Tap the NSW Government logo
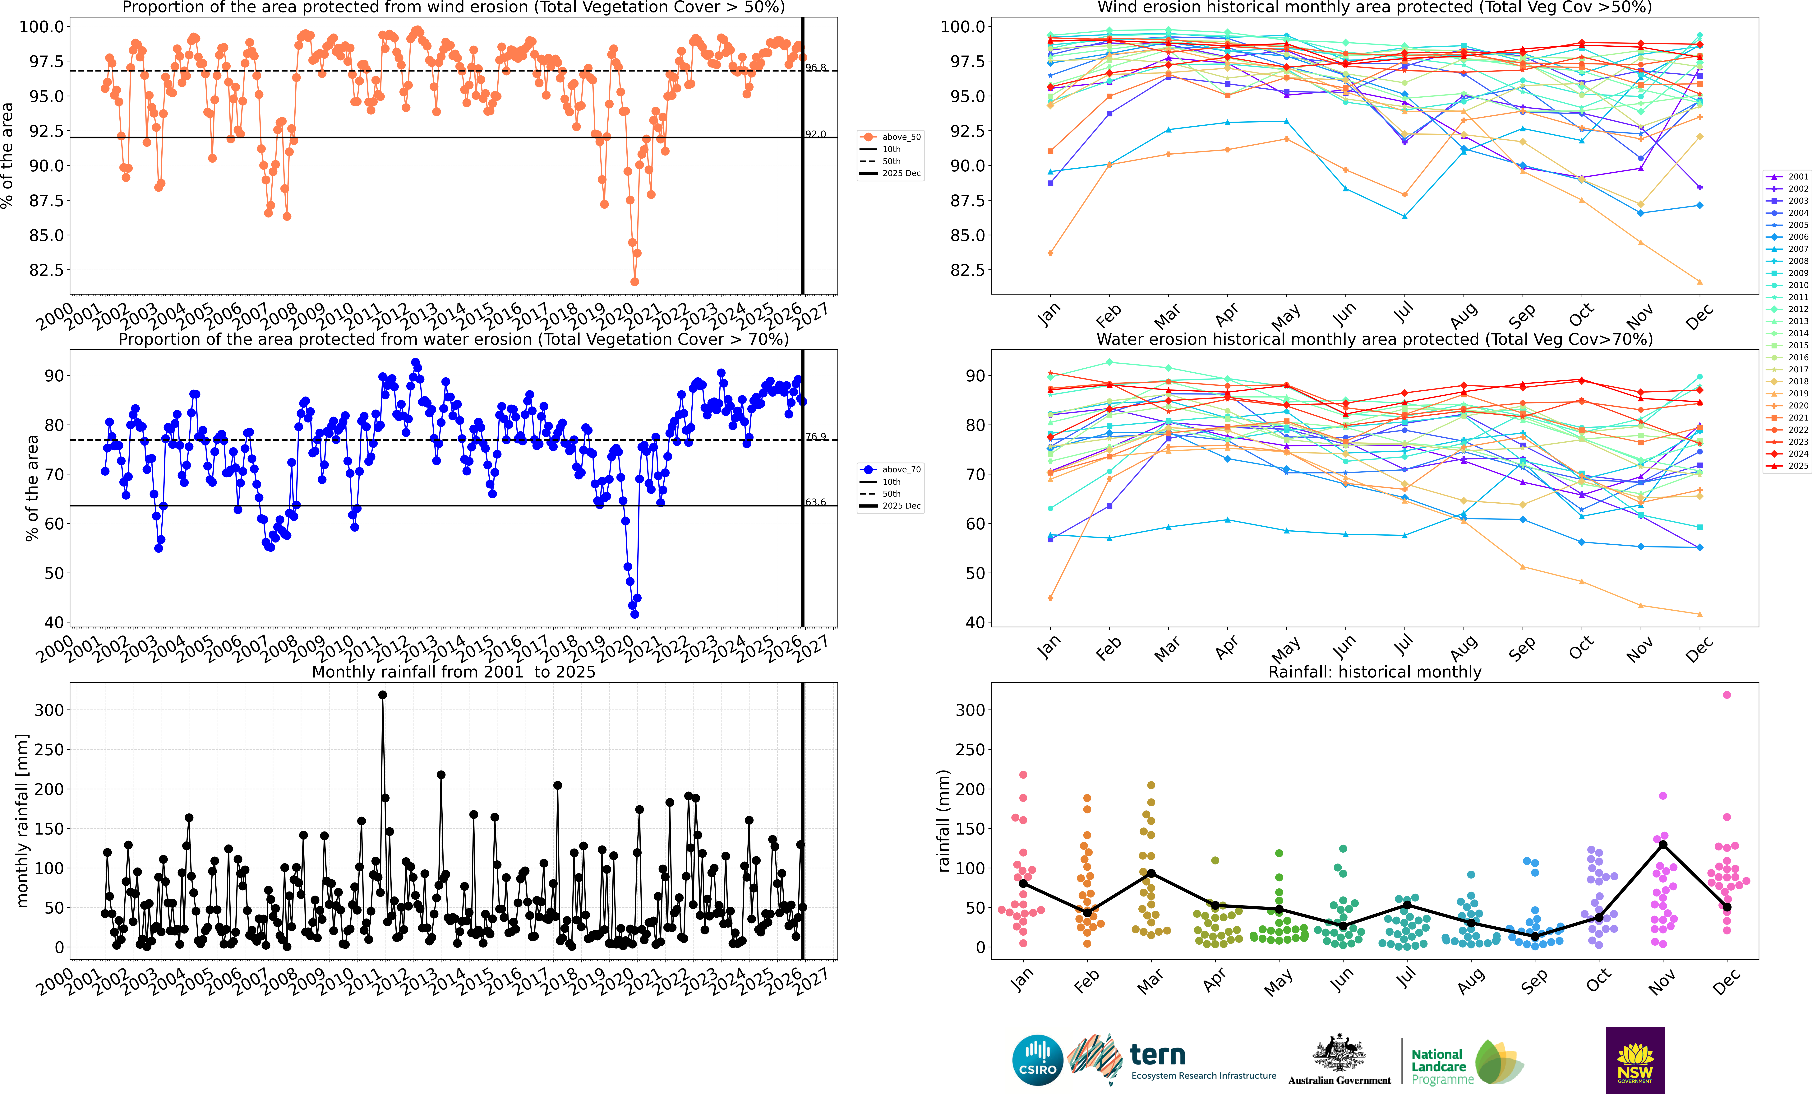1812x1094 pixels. pyautogui.click(x=1635, y=1059)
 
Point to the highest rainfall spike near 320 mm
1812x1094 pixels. pyautogui.click(x=382, y=695)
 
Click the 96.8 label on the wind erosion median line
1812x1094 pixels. pyautogui.click(x=816, y=68)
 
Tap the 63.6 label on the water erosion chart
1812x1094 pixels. pyautogui.click(x=816, y=502)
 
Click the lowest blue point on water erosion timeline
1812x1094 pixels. pyautogui.click(x=635, y=614)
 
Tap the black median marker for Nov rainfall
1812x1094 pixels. pyautogui.click(x=1663, y=845)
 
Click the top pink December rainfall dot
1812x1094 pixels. pyautogui.click(x=1727, y=695)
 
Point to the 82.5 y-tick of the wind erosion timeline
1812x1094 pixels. pyautogui.click(x=46, y=270)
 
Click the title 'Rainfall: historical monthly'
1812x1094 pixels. pyautogui.click(x=1374, y=672)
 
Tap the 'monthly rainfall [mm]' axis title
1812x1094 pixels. pyautogui.click(x=22, y=820)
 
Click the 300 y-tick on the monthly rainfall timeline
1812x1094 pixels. pyautogui.click(x=49, y=710)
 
